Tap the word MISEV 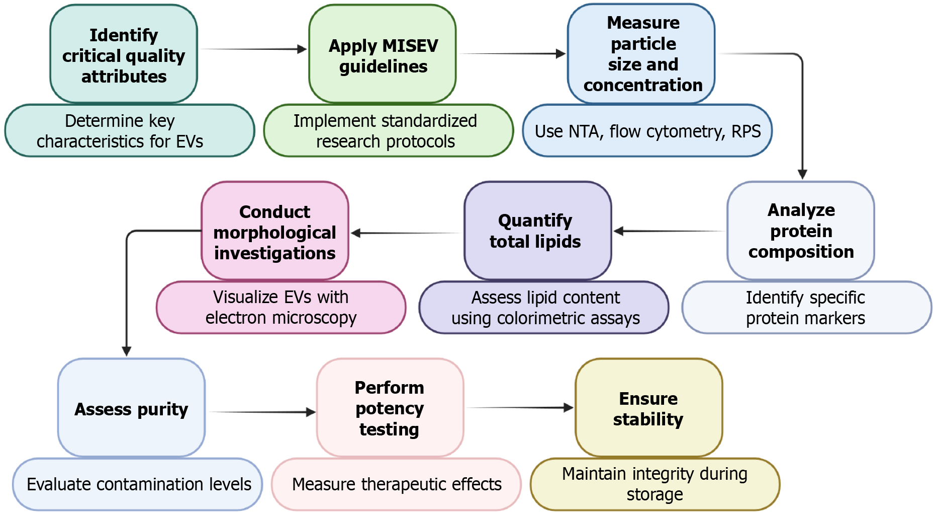408,46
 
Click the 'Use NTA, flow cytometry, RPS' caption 647,131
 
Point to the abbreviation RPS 746,131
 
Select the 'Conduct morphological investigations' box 274,232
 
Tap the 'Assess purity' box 131,408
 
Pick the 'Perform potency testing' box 390,408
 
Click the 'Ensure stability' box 648,408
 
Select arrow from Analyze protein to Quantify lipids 669,231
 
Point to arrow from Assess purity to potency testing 261,412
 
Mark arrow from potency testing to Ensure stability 520,407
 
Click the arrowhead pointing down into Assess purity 127,351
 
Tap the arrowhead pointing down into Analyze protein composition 802,174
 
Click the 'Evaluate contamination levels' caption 138,484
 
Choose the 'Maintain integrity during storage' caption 654,484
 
